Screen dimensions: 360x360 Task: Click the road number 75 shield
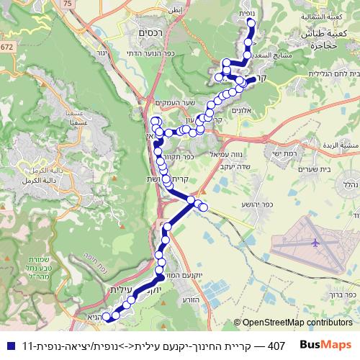68,4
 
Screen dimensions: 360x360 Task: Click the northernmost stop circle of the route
251,22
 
